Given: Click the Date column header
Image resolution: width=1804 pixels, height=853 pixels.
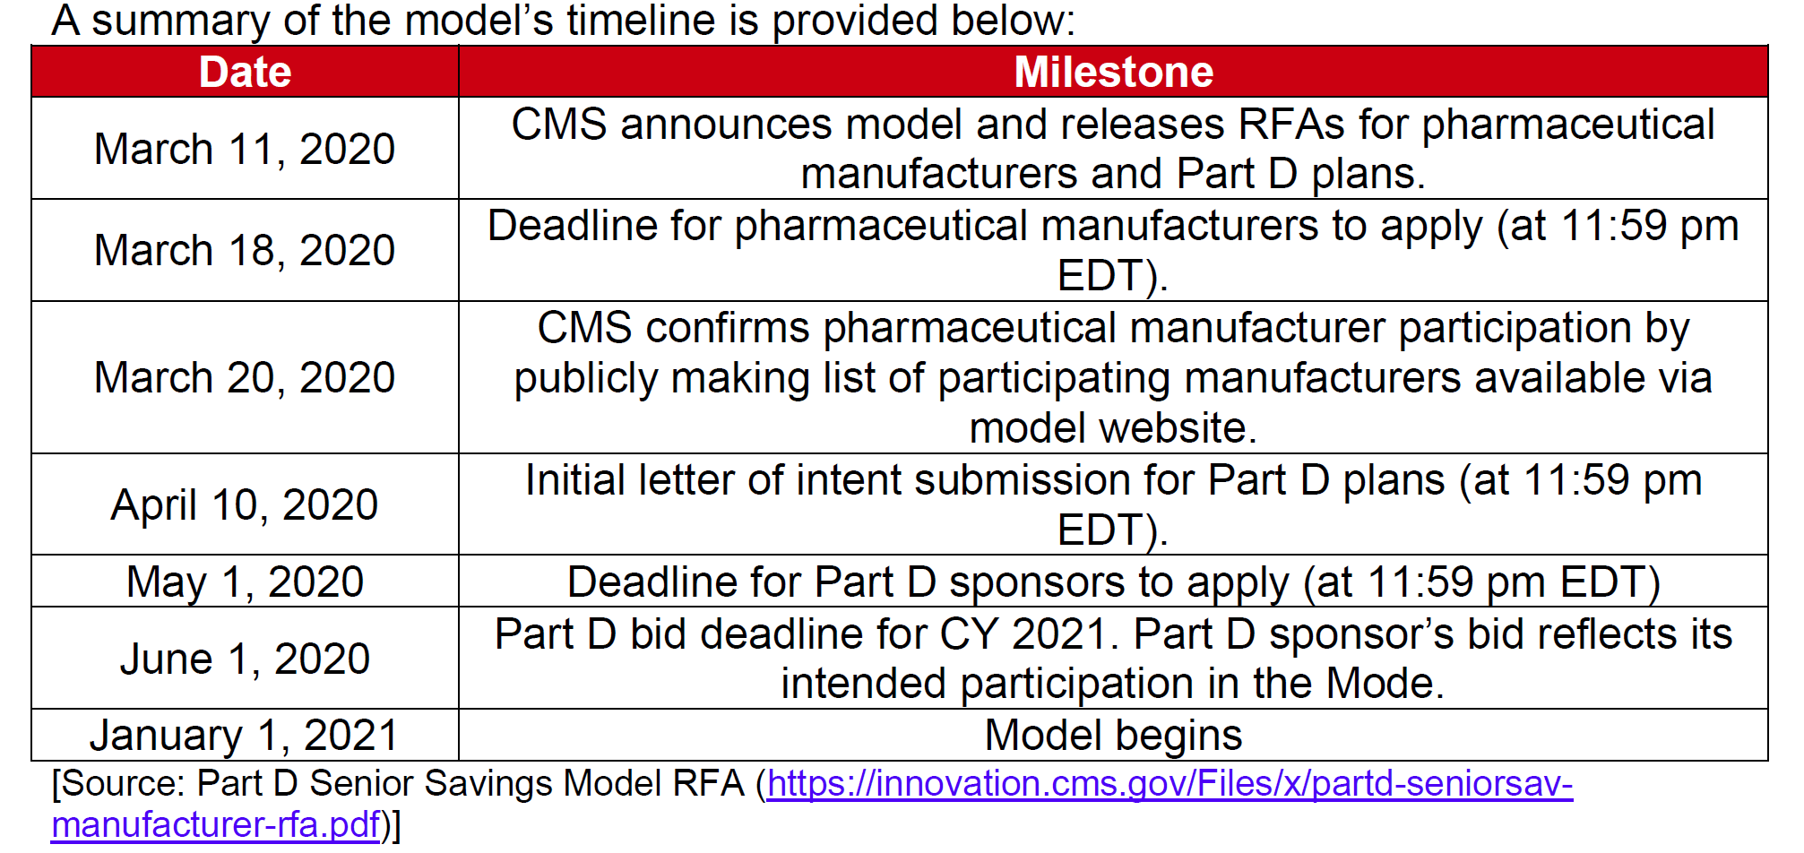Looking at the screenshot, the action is click(x=245, y=72).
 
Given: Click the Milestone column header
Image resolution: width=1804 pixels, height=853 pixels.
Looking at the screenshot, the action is click(x=1113, y=72).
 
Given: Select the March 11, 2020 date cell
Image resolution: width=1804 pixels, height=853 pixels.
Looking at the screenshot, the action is click(x=245, y=149).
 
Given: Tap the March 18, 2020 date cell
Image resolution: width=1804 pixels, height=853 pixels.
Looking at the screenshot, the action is click(x=245, y=250).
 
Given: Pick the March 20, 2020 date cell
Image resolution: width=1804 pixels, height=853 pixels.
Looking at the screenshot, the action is click(x=245, y=377).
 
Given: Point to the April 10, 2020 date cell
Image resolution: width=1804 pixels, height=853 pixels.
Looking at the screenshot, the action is click(x=245, y=504).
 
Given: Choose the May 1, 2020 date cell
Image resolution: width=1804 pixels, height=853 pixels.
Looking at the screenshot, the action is click(x=245, y=582).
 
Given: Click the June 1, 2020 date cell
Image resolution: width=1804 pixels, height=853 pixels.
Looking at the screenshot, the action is click(x=245, y=659).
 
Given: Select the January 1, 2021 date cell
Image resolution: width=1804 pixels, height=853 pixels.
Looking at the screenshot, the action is click(x=245, y=736).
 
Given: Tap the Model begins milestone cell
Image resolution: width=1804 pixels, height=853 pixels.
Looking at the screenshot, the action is click(x=1113, y=736).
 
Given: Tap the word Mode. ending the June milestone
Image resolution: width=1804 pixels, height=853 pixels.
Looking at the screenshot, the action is click(x=1385, y=684).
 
